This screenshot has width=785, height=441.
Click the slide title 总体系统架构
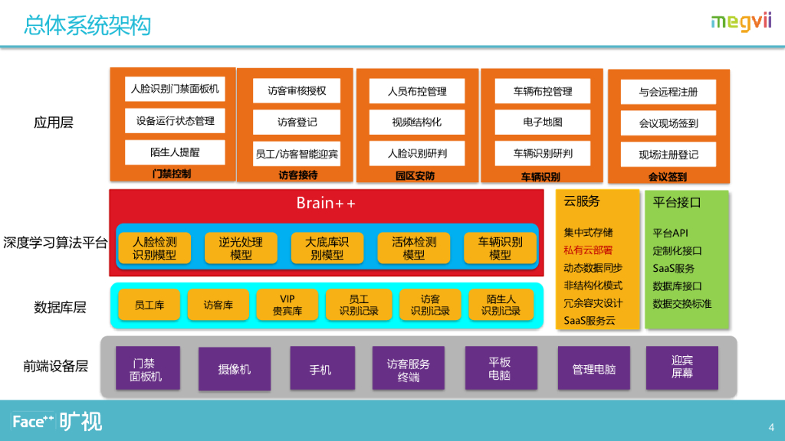tap(87, 25)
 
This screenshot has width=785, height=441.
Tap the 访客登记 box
tap(297, 122)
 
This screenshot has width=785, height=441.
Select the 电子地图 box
tap(543, 122)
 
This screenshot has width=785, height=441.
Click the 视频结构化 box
tap(417, 122)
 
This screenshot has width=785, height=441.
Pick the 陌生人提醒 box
tap(176, 152)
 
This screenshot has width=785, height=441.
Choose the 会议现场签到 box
tap(668, 123)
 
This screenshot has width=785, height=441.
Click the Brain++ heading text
tap(326, 203)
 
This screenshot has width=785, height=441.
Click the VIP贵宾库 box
tap(287, 305)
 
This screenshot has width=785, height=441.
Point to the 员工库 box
tap(146, 305)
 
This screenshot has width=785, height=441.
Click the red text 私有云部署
tap(588, 250)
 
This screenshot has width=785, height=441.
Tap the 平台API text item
tap(670, 233)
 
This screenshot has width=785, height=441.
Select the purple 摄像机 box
tap(235, 369)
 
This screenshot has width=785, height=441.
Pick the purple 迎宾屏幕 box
tap(682, 367)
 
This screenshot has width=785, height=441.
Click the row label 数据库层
tap(60, 308)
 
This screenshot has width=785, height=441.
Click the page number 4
tap(771, 426)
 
